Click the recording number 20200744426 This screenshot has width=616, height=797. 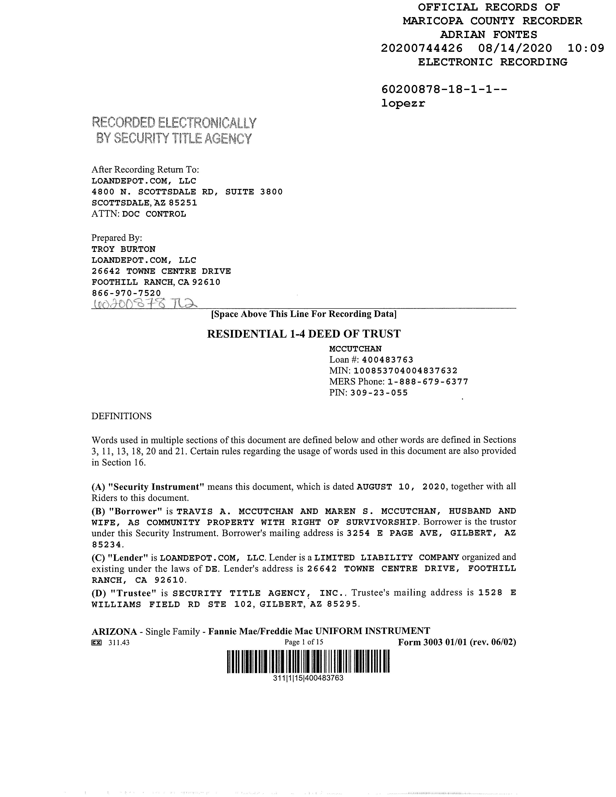tap(422, 48)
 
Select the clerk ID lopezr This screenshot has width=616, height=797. tap(403, 103)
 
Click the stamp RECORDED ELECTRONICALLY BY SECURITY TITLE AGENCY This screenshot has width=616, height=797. tap(174, 131)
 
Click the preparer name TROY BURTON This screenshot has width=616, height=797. tap(123, 249)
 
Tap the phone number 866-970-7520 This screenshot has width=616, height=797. tap(126, 293)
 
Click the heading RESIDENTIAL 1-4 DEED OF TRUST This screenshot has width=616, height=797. tap(304, 334)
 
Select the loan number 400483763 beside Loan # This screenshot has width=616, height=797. tap(388, 360)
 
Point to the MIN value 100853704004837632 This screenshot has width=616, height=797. tap(406, 371)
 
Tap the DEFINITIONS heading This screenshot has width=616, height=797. tap(121, 416)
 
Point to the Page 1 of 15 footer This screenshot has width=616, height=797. tap(304, 642)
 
